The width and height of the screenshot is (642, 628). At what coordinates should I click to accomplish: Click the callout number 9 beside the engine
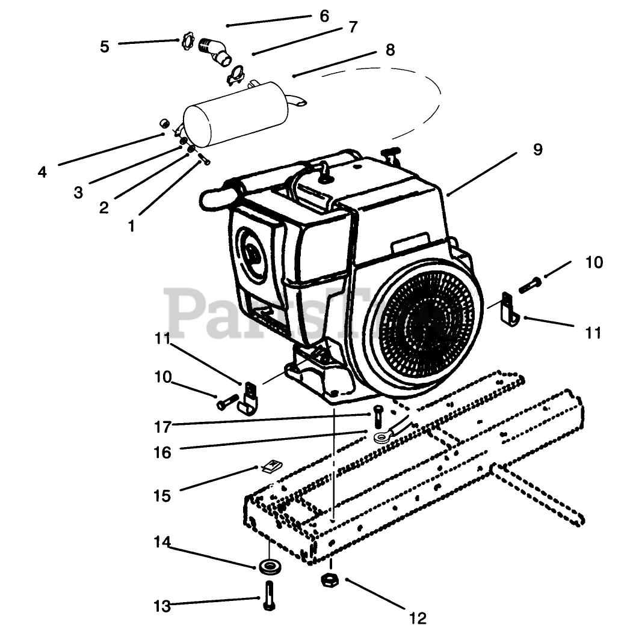tap(537, 148)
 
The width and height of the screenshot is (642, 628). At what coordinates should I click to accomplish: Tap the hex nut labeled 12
tap(330, 580)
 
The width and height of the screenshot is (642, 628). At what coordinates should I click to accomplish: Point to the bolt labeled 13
tap(268, 596)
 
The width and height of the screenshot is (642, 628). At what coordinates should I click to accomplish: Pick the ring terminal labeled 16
tap(383, 436)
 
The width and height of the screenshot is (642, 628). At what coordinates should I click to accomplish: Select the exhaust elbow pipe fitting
tap(216, 50)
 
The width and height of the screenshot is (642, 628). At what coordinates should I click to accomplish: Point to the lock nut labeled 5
tap(187, 43)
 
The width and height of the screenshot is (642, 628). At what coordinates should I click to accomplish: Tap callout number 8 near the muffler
tap(390, 50)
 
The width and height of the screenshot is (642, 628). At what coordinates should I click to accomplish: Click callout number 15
tap(162, 496)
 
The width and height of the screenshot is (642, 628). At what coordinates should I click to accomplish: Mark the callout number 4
tap(42, 172)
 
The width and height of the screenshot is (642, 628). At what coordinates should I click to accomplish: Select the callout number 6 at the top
tap(324, 16)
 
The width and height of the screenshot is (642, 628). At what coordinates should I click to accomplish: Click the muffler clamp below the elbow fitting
tap(236, 76)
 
